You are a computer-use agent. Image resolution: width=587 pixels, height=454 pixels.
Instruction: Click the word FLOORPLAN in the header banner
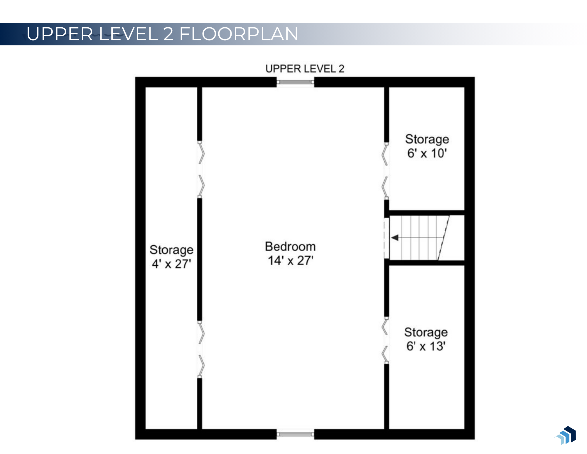239,34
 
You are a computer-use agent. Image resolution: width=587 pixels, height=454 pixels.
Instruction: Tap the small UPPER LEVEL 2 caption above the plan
304,69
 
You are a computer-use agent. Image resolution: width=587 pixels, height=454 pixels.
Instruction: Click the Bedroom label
290,247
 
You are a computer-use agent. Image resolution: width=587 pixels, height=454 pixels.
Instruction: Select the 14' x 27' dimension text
290,261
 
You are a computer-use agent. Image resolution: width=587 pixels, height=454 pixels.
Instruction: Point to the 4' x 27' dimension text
171,264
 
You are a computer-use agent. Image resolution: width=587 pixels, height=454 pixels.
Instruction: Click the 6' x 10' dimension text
427,153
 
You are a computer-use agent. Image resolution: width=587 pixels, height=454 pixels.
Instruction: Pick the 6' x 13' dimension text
426,346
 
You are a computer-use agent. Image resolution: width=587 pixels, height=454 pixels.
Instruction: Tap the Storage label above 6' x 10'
427,139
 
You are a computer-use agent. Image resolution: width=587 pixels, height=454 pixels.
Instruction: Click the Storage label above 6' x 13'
426,332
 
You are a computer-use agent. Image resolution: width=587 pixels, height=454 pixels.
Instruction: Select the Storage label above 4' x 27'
171,250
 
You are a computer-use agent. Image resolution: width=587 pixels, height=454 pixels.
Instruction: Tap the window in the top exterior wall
295,82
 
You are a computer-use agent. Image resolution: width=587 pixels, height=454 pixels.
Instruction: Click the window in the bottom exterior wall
295,434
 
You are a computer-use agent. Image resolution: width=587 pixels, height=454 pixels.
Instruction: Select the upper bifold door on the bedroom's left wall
200,170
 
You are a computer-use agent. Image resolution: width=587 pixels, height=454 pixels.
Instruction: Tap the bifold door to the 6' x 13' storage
385,341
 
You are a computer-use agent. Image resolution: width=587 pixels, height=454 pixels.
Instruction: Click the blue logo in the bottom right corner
566,435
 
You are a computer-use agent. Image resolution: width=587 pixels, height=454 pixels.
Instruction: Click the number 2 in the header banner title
168,34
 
